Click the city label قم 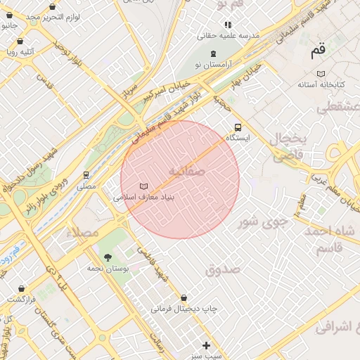pos(319,51)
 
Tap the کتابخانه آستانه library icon pos(321,74)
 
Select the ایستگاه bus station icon pos(238,128)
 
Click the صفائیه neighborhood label pos(186,171)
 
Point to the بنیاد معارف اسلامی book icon pos(144,186)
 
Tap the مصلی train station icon pos(86,175)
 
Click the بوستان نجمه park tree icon pos(108,257)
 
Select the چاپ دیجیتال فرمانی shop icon pos(184,298)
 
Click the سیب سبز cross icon pos(206,345)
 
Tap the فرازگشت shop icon pos(22,288)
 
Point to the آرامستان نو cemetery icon pos(214,53)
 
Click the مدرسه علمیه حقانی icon pos(228,25)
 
